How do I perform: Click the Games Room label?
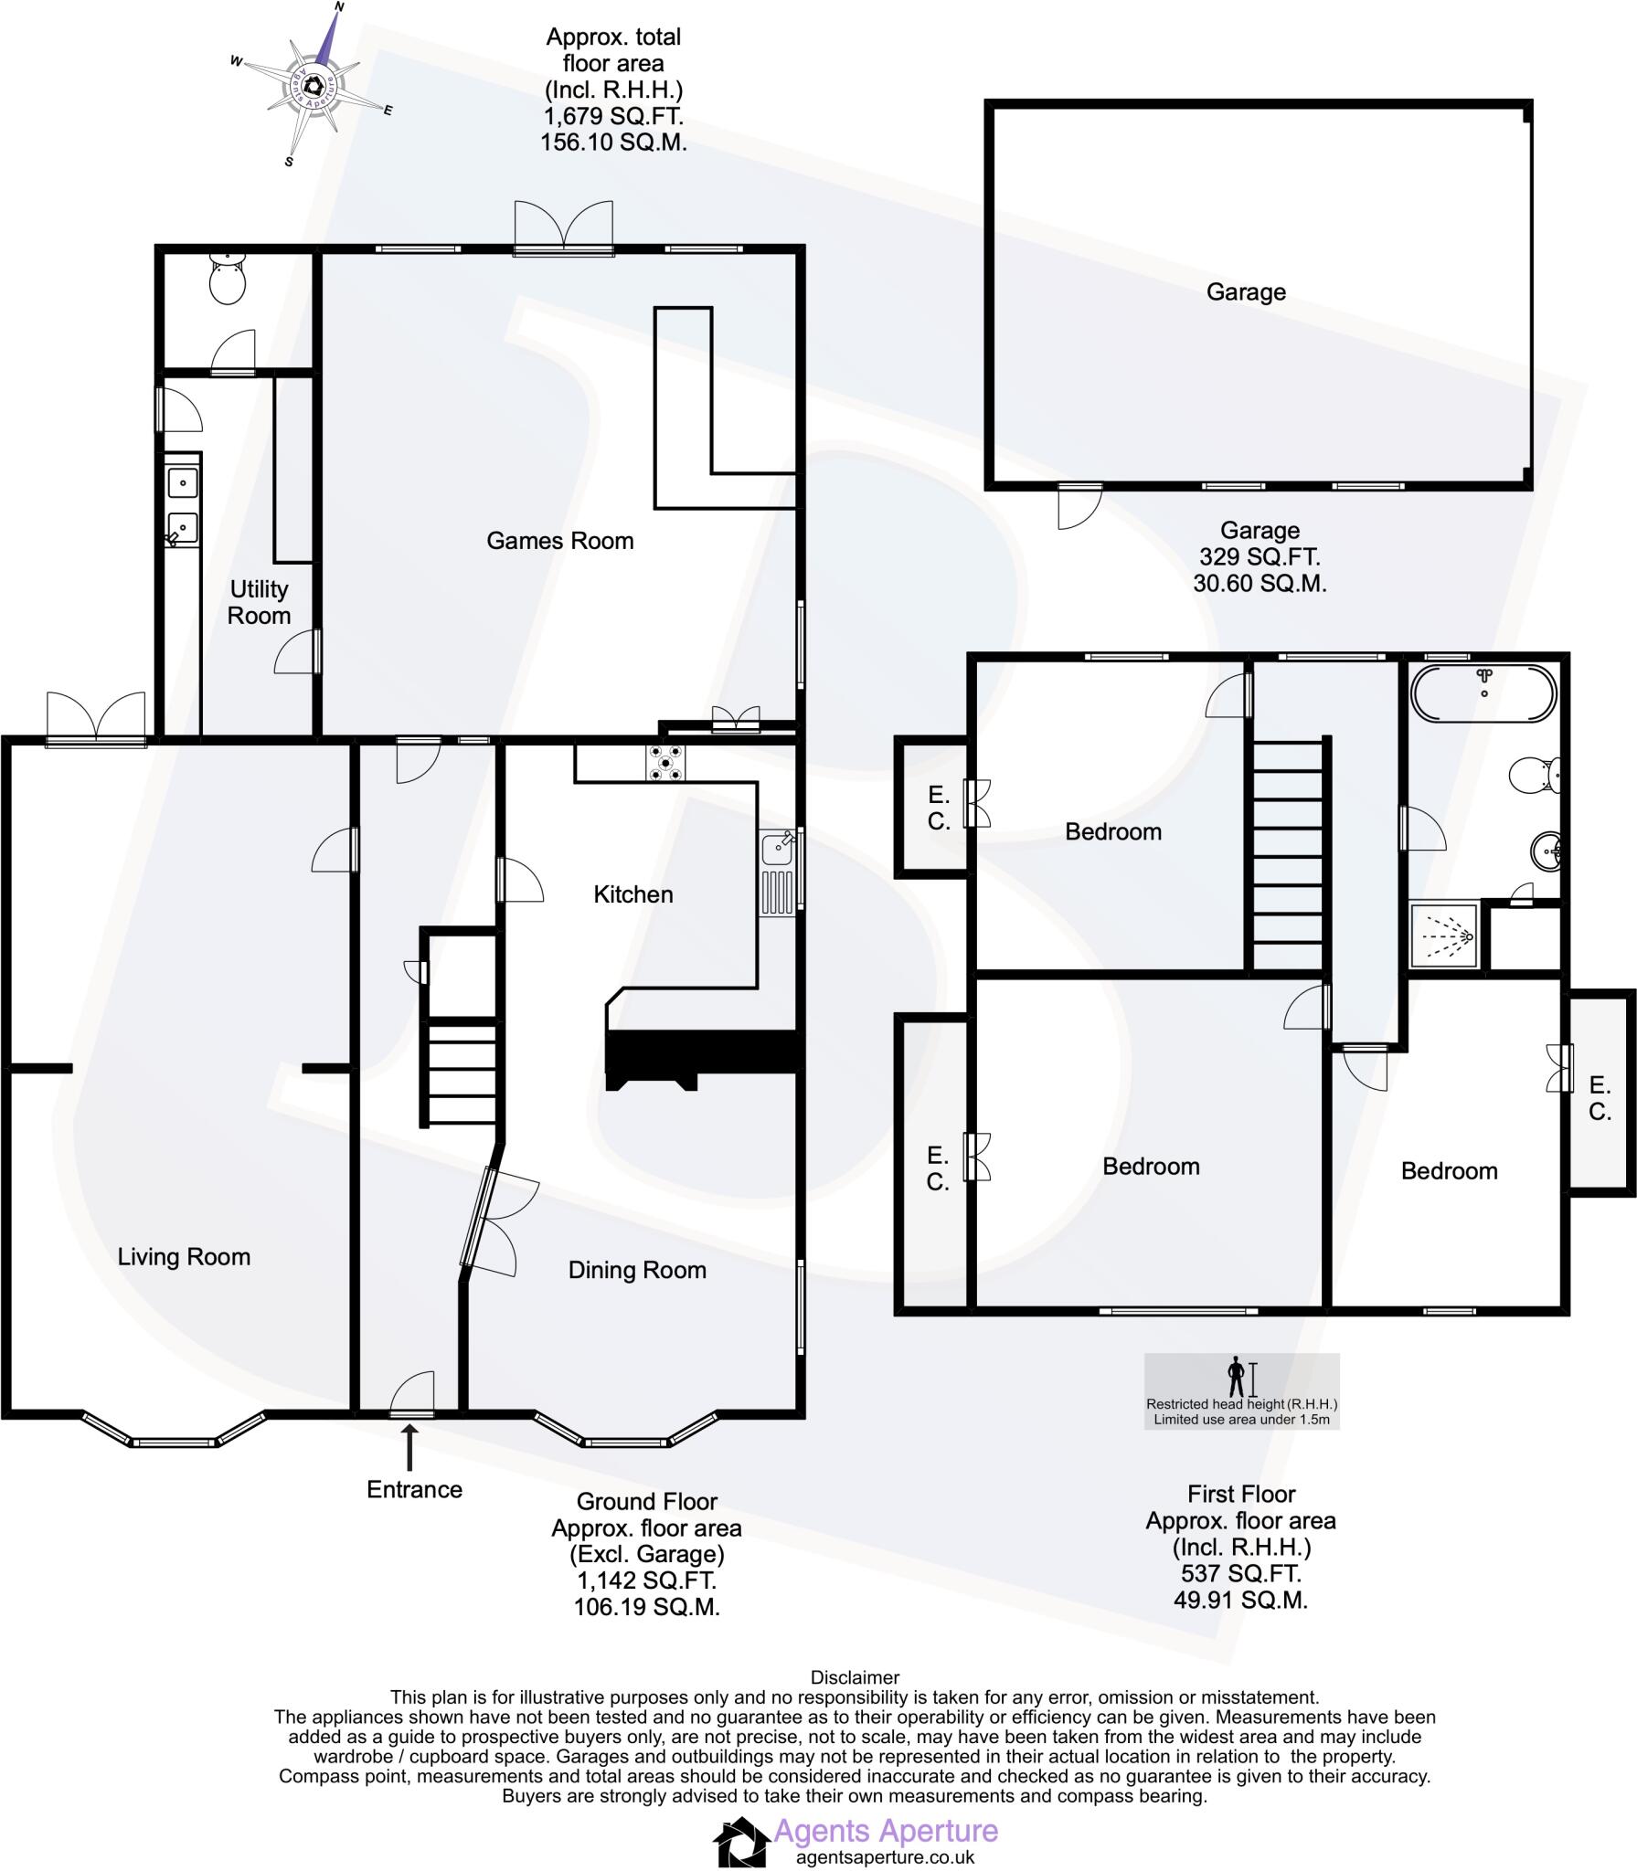[x=559, y=541]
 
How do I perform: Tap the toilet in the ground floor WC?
[x=228, y=278]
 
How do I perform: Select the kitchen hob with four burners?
[x=665, y=763]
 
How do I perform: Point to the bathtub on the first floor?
[x=1483, y=693]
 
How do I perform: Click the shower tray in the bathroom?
[x=1444, y=935]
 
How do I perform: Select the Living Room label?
[x=184, y=1256]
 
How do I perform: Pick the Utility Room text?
[x=259, y=602]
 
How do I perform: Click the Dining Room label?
[x=637, y=1269]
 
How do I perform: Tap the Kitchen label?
[x=633, y=893]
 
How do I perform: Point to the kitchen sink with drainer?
[x=778, y=872]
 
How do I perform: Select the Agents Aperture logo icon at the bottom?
[x=740, y=1841]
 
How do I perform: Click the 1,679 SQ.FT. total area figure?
[x=613, y=117]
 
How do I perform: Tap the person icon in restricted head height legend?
[x=1236, y=1377]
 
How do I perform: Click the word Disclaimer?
[x=855, y=1677]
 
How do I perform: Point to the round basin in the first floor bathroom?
[x=1547, y=852]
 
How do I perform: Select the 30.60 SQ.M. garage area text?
[x=1259, y=583]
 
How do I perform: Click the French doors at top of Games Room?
[x=563, y=225]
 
